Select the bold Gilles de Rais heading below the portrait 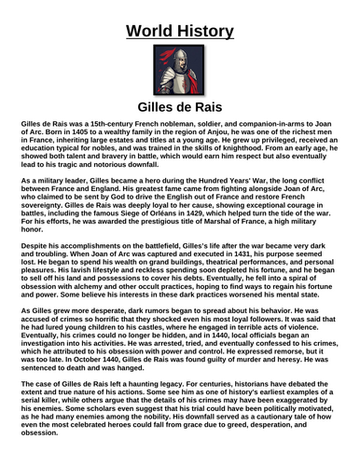click(x=179, y=108)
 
